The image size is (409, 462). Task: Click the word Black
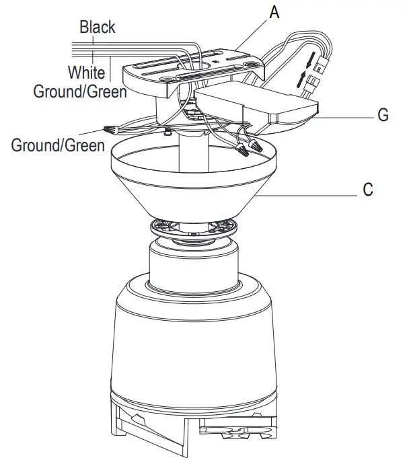tap(97, 28)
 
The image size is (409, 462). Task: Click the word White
tap(85, 72)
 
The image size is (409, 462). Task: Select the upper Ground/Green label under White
tap(80, 90)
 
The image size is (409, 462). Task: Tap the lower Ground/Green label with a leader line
tap(58, 145)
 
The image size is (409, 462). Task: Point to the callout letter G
tap(383, 116)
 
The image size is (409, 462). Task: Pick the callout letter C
tap(367, 190)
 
